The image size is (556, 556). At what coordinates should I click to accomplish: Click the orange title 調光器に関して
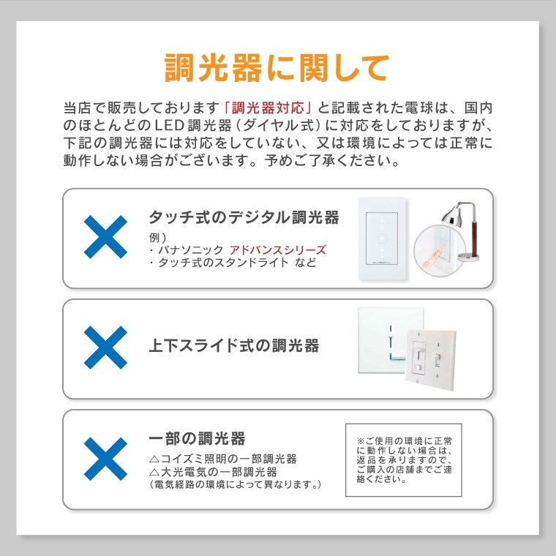[x=277, y=68]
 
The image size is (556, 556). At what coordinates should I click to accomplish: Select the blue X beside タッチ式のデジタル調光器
[x=105, y=238]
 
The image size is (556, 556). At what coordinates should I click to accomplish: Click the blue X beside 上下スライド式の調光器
[x=105, y=347]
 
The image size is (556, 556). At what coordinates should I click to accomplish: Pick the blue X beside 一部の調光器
[x=105, y=459]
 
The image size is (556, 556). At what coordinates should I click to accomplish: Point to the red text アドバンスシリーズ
[x=277, y=249]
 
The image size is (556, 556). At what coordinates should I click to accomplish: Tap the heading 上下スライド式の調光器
[x=233, y=345]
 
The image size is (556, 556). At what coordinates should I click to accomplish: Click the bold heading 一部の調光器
[x=196, y=439]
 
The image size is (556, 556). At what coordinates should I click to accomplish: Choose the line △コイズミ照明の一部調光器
[x=222, y=459]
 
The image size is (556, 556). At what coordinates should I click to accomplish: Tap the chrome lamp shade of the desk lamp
[x=447, y=215]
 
